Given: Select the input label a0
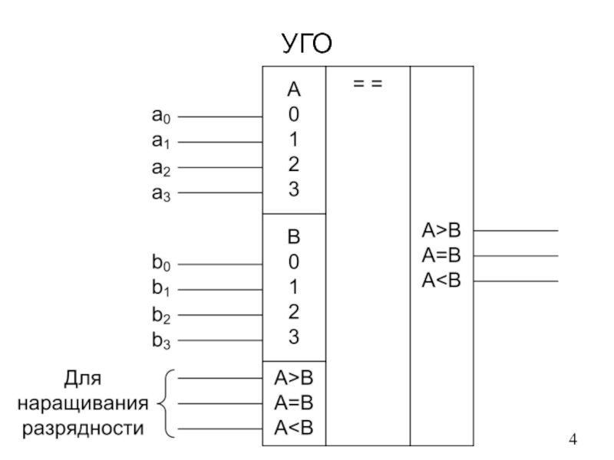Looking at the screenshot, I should tap(163, 117).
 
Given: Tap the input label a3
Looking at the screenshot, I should tap(163, 192).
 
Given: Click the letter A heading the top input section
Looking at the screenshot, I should tap(294, 90).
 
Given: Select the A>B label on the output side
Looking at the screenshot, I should tap(441, 230).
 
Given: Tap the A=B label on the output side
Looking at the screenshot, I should tap(441, 255).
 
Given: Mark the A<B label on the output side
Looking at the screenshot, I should tap(441, 281).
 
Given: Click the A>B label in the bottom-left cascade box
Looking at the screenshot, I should tap(294, 377).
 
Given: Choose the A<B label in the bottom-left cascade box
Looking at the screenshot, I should tap(294, 428).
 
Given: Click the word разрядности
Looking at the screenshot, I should tap(82, 428).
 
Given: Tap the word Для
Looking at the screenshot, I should tap(82, 379).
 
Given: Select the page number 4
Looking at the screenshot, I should tap(571, 439).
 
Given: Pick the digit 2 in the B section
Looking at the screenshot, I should tap(294, 312).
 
